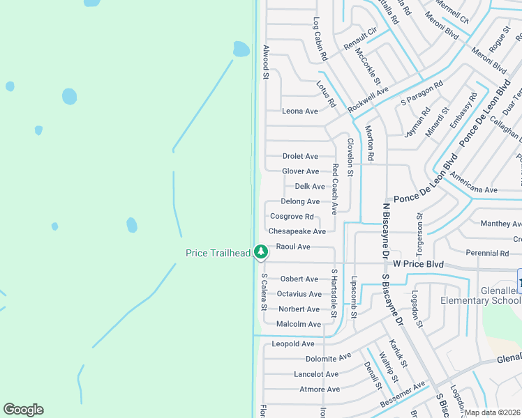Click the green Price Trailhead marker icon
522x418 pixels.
(x=260, y=251)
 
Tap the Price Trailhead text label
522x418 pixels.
(x=218, y=253)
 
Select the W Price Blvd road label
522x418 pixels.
(x=418, y=264)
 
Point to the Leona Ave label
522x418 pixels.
(x=300, y=111)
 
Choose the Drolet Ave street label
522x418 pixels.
(x=300, y=156)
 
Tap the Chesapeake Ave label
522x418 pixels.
(x=297, y=231)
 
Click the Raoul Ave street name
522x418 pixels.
(x=293, y=247)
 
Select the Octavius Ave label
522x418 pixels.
(x=299, y=294)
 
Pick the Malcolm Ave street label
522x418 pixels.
(x=299, y=325)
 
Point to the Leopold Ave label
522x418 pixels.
(x=293, y=344)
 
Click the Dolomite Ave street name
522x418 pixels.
(x=328, y=357)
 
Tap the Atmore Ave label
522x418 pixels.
(x=320, y=389)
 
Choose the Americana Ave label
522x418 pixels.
(x=474, y=189)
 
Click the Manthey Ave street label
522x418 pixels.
(x=501, y=224)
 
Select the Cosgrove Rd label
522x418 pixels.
(x=292, y=217)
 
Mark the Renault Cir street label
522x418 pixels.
(x=361, y=40)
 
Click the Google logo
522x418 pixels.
(x=23, y=410)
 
